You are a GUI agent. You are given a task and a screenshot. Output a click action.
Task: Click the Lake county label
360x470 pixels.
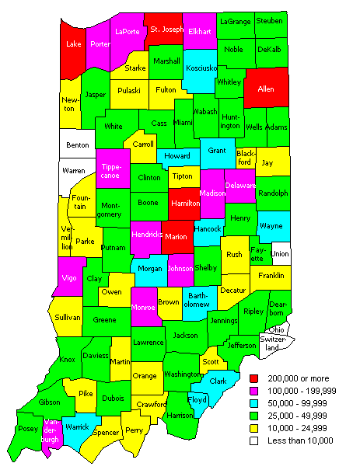point(73,45)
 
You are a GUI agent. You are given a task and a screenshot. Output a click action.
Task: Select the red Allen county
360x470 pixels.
point(267,89)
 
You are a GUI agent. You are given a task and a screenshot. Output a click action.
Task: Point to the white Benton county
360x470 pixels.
point(78,144)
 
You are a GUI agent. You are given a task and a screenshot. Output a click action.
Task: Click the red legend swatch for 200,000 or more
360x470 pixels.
point(255,378)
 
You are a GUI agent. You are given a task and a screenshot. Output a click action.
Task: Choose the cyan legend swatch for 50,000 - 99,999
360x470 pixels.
point(255,402)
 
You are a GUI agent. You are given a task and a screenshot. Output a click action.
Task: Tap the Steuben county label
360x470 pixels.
point(270,20)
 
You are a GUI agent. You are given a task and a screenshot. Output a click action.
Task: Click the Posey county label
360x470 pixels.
point(29,429)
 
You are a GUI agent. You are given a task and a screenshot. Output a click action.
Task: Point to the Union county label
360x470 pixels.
point(281,253)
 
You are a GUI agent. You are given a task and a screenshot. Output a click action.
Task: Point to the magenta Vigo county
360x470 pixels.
point(68,277)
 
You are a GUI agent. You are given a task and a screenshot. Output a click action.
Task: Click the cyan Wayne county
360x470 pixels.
point(271,226)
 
